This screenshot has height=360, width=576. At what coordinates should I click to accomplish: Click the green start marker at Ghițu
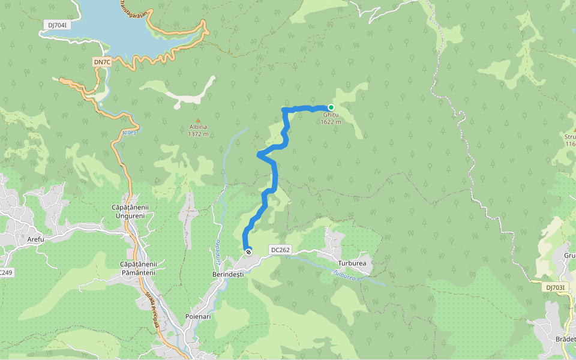(x=331, y=107)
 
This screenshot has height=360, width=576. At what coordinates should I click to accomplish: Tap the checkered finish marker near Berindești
(x=248, y=251)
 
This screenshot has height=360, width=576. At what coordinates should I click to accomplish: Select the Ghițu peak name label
(x=331, y=115)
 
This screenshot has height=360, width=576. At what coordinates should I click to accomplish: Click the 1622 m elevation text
(x=331, y=122)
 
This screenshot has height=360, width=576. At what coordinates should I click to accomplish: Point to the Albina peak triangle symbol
(x=198, y=120)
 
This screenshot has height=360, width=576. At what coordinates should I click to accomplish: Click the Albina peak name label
(x=198, y=127)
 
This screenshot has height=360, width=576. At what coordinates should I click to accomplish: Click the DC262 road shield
(x=280, y=250)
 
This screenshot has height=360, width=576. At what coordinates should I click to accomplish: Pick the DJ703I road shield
(x=556, y=287)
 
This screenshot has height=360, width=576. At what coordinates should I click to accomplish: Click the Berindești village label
(x=228, y=274)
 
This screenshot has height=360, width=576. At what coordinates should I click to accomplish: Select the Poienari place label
(x=198, y=316)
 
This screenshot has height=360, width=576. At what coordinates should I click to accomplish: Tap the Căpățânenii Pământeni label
(x=138, y=268)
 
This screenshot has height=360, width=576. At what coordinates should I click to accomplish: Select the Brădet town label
(x=565, y=339)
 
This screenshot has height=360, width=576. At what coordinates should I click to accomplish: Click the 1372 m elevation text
(x=198, y=134)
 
